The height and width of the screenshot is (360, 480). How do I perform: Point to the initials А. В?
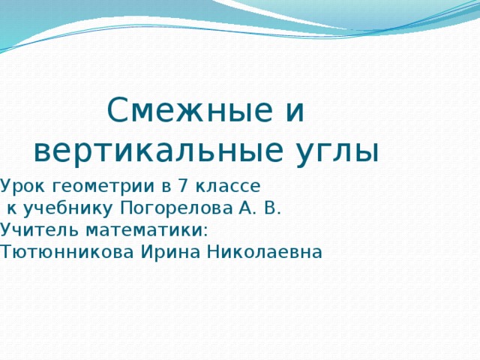[259, 207]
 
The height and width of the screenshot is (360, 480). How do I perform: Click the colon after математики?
[205, 230]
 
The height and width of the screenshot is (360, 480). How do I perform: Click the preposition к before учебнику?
[13, 208]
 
